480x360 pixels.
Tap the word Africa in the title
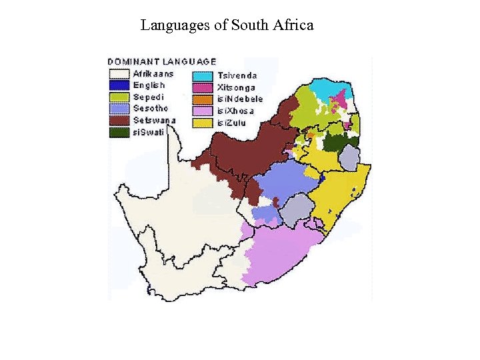(291, 26)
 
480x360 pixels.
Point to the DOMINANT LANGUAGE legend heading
(163, 61)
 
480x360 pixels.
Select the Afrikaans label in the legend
(153, 73)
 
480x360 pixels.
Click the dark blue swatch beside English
(120, 85)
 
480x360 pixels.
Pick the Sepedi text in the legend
(148, 97)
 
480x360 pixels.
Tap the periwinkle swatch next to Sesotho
(120, 109)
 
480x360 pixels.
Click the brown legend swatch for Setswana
(120, 121)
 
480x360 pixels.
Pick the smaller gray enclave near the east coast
(349, 159)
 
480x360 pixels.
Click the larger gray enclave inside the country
(295, 211)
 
